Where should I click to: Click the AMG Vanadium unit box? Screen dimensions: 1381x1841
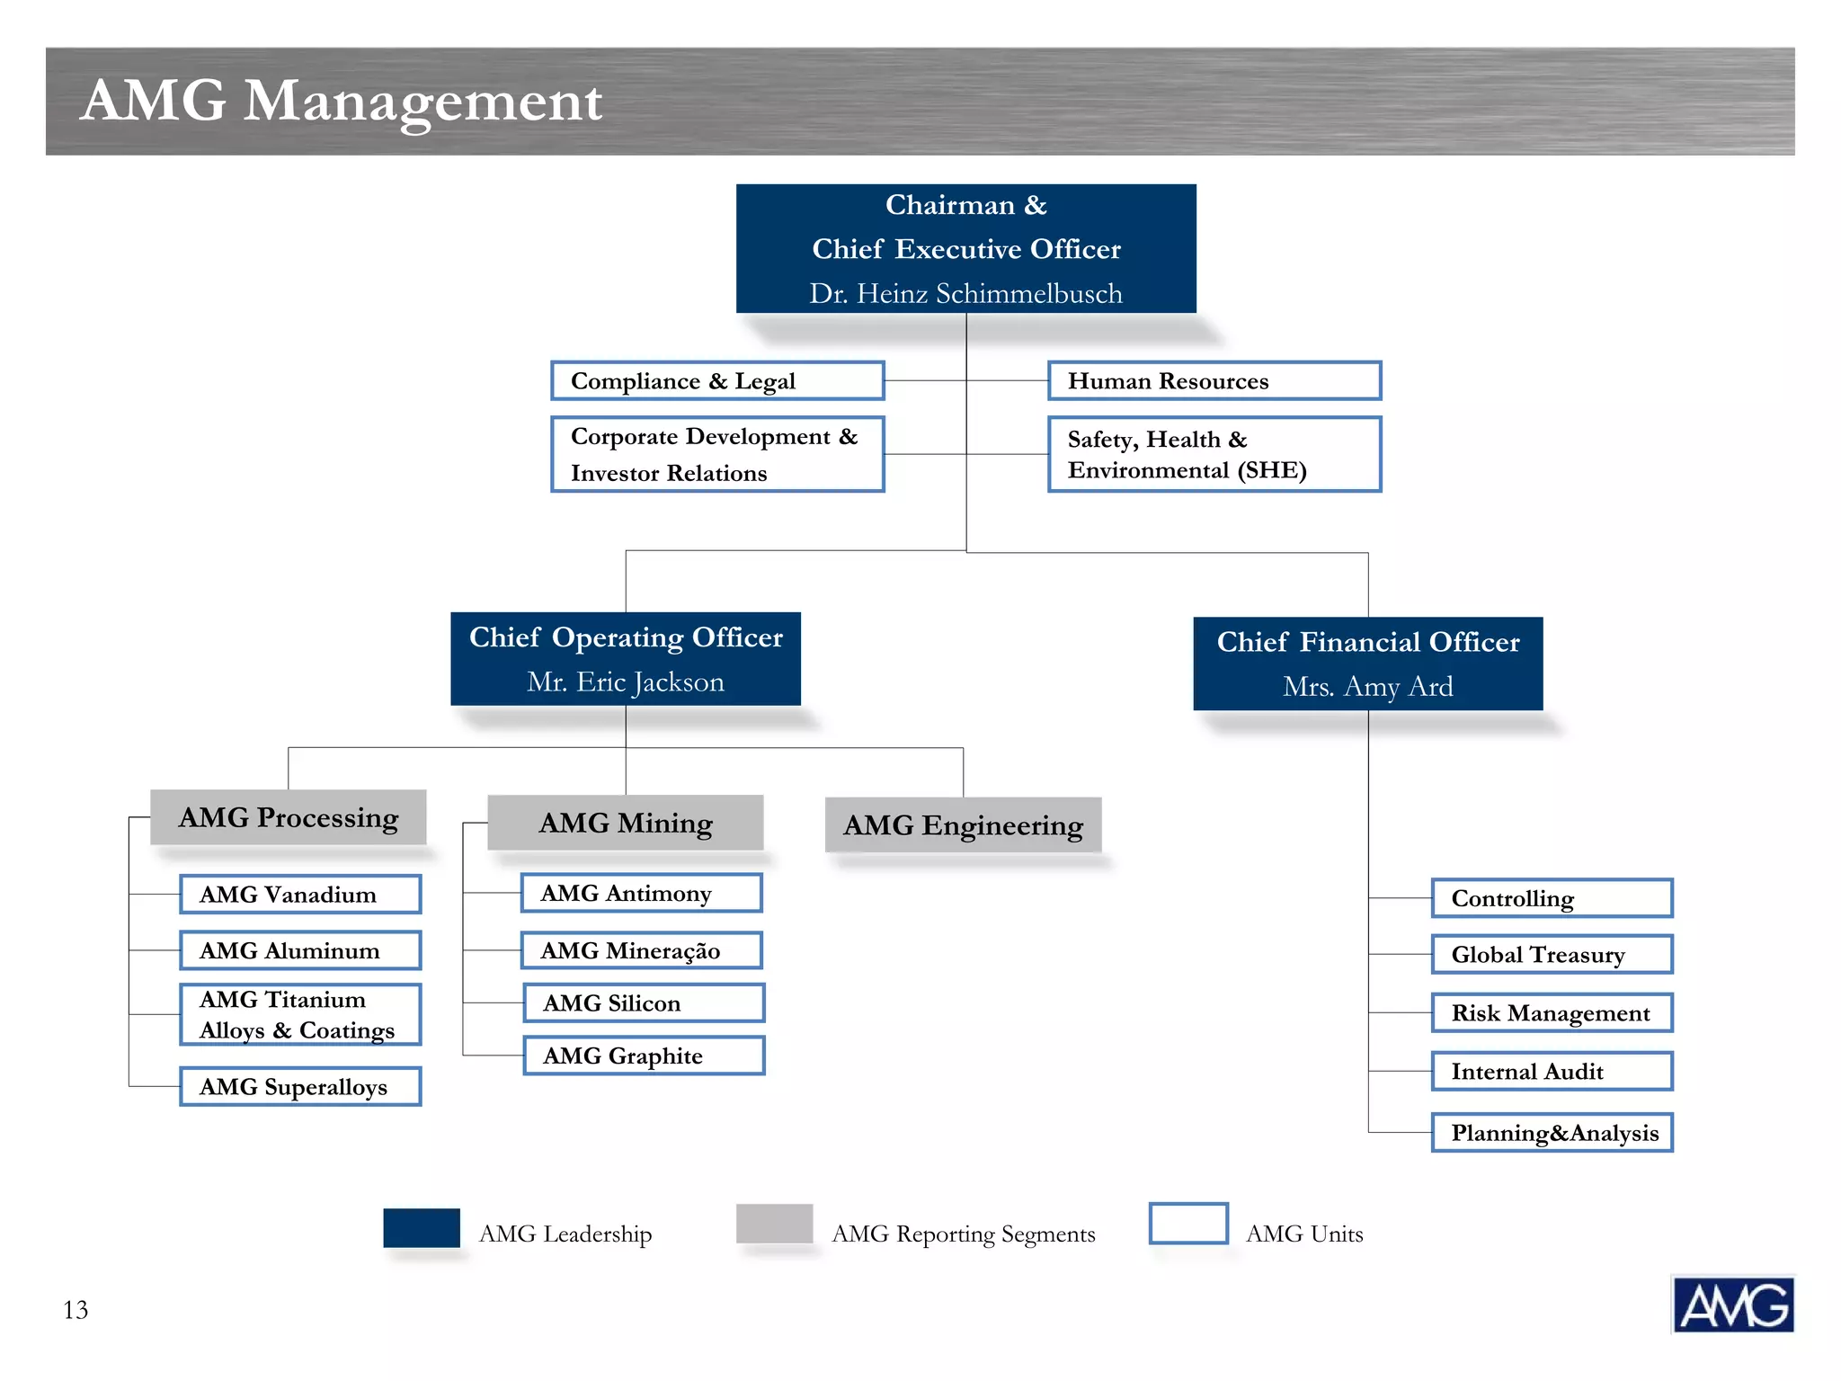point(300,895)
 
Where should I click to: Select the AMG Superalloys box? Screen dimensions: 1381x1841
point(300,1087)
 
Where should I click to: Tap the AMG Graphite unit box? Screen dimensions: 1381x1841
point(644,1056)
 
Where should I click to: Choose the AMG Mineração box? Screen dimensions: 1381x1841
point(642,950)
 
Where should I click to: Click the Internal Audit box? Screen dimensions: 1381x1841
point(1552,1072)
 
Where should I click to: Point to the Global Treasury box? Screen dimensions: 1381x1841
point(1552,955)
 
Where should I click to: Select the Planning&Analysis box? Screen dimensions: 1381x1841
point(1552,1133)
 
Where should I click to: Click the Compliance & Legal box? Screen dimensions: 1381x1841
point(717,381)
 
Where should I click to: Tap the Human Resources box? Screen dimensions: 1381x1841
point(1214,381)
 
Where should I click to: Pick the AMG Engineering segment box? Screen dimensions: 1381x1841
point(963,825)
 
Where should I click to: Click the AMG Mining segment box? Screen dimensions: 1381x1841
point(626,823)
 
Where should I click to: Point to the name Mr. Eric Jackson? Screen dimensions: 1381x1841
point(626,682)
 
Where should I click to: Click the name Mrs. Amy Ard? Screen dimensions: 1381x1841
point(1367,687)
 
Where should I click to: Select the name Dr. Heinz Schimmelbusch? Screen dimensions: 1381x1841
point(965,294)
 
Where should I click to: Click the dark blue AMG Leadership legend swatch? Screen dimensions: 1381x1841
point(422,1228)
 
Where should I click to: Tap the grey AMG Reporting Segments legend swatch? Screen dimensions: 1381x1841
point(774,1224)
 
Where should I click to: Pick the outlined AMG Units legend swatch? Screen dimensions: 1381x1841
point(1188,1224)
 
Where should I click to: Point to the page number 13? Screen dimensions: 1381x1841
point(76,1310)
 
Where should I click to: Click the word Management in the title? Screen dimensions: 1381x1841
point(422,101)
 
